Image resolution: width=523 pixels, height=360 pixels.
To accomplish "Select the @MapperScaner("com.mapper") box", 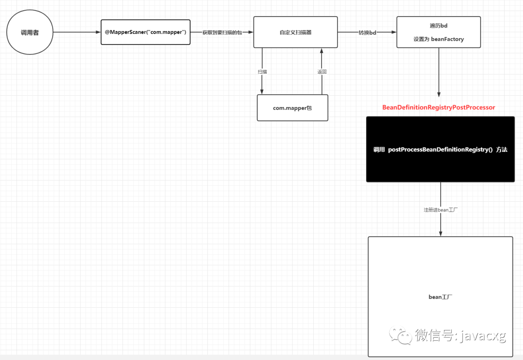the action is [x=145, y=32].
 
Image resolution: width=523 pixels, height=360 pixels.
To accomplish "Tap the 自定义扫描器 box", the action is [x=295, y=32].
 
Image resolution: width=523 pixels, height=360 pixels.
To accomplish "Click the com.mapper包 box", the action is [x=292, y=108].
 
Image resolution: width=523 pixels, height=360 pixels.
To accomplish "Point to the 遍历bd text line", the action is [x=439, y=26].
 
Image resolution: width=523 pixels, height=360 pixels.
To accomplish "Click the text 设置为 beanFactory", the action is [x=439, y=39].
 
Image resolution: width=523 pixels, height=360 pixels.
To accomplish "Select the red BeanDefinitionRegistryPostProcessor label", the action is [x=439, y=107].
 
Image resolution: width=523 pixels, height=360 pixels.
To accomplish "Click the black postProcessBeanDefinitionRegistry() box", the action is [x=440, y=150].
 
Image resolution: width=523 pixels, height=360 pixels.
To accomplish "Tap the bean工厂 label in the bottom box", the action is [x=440, y=297].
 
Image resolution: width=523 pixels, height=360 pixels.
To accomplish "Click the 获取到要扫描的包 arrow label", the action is [x=222, y=32].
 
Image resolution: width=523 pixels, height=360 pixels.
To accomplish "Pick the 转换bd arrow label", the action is [x=367, y=32].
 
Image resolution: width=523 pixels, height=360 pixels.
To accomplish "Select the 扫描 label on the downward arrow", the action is [x=262, y=72].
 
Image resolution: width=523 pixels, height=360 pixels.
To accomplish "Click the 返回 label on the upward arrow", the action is [x=322, y=72].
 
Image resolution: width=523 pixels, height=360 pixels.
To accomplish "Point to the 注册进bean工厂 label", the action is [x=441, y=210].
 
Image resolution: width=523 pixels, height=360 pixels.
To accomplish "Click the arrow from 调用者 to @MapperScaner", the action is [x=77, y=32].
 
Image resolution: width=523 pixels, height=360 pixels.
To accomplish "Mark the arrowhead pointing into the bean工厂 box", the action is [x=441, y=234].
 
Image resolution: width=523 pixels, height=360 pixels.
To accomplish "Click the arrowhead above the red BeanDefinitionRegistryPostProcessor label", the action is [x=439, y=94].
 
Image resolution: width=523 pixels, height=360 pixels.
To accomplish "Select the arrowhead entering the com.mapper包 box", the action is [x=262, y=91].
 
